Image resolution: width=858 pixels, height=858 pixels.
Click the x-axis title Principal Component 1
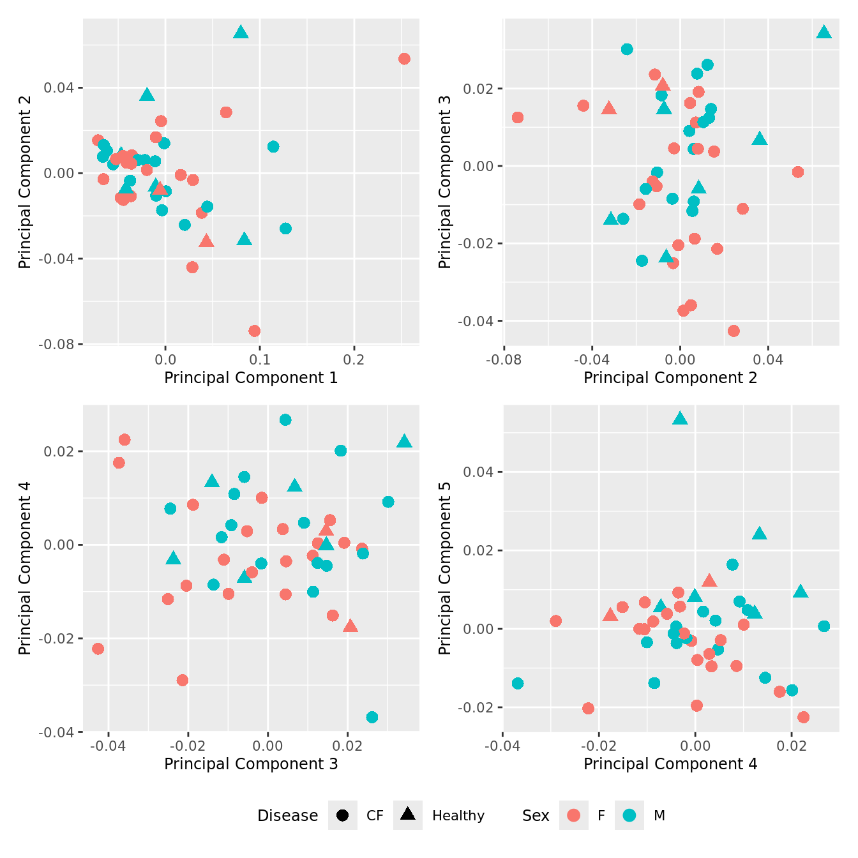(251, 378)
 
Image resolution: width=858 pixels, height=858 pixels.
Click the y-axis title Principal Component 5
(445, 568)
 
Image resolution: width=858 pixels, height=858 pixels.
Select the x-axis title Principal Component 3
(251, 764)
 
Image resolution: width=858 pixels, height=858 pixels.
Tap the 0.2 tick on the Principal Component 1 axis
(354, 360)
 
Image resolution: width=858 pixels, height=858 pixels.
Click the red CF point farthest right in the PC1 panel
(404, 59)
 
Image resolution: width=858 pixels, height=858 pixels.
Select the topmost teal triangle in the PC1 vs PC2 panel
(241, 33)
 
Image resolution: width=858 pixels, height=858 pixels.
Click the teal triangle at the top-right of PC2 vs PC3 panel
(824, 33)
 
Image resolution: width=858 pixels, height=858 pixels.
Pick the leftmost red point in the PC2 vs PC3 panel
(518, 117)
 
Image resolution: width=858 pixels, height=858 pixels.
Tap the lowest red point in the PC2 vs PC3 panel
(734, 331)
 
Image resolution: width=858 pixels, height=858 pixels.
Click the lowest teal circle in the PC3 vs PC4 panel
(372, 718)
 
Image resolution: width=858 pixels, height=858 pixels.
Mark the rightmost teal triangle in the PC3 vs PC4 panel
(404, 441)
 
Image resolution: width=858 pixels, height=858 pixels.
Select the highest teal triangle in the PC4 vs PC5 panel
(680, 418)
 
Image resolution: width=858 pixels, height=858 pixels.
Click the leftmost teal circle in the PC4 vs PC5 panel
(518, 684)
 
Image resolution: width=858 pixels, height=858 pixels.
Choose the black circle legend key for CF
(343, 815)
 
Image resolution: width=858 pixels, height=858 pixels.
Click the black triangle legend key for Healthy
(408, 815)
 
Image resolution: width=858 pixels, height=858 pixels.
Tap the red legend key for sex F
(574, 815)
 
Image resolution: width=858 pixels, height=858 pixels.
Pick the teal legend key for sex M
(629, 815)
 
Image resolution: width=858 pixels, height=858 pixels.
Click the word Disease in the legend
(287, 816)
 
